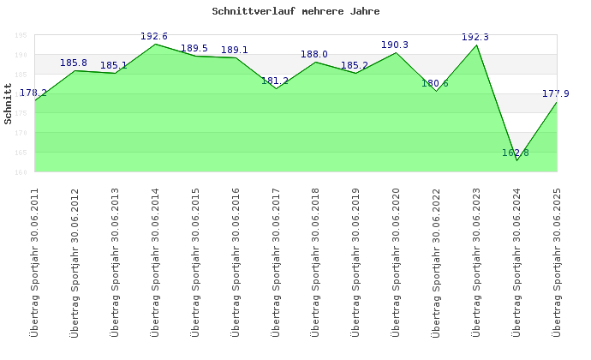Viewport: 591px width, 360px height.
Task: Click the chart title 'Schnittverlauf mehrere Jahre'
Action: click(x=295, y=12)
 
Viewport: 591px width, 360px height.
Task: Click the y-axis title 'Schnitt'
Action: click(x=9, y=104)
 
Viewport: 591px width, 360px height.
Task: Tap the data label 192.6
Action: click(x=154, y=36)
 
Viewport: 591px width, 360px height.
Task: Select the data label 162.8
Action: click(x=516, y=153)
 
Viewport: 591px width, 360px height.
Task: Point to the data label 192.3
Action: click(x=475, y=37)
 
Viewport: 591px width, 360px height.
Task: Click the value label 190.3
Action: click(x=395, y=45)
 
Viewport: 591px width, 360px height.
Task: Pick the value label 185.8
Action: click(x=74, y=63)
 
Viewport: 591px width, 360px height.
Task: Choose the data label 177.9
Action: click(x=555, y=93)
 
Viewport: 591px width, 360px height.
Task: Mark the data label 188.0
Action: click(x=314, y=54)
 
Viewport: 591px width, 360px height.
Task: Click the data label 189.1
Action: click(x=235, y=50)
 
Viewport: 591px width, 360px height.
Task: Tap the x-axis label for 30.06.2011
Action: click(x=35, y=261)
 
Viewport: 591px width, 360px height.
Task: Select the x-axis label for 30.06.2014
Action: click(x=155, y=261)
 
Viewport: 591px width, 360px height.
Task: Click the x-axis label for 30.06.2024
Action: click(x=516, y=261)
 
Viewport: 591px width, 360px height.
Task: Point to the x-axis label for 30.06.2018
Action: click(x=315, y=261)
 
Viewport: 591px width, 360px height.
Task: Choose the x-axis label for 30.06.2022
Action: click(x=436, y=261)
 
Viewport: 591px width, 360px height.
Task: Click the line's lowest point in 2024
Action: click(x=516, y=160)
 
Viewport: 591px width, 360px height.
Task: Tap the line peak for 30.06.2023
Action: click(x=476, y=45)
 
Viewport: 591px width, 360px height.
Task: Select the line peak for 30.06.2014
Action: click(x=155, y=44)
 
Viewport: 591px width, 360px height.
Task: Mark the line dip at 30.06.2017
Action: click(x=276, y=88)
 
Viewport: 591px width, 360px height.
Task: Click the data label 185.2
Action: click(x=355, y=65)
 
